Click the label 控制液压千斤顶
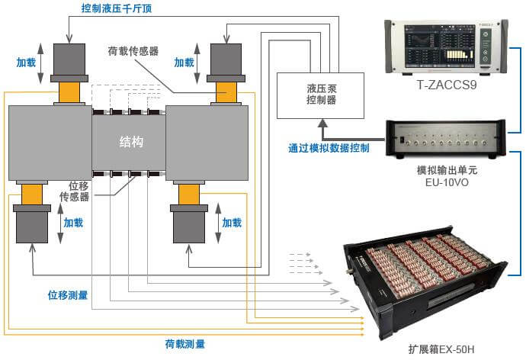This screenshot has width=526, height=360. coord(117,8)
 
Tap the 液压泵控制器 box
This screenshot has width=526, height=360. coord(320,95)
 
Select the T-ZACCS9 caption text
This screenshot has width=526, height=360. coord(447,85)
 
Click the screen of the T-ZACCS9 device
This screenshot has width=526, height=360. coord(440,46)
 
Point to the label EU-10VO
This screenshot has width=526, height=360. coord(447,182)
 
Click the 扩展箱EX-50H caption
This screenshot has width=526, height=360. coord(441,349)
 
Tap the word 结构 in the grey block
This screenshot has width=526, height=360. coord(131,142)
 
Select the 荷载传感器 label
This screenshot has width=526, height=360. coord(133,51)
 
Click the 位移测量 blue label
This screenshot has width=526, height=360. coord(68,295)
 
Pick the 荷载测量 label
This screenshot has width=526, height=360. coord(184,344)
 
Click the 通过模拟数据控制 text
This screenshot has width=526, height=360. coord(329,148)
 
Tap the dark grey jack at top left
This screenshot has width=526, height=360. coord(69,63)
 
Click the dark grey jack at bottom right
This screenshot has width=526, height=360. coord(189,223)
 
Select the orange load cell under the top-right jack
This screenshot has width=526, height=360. coord(226,92)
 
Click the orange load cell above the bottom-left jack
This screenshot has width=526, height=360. coord(32,194)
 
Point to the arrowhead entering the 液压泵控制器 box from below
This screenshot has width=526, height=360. coord(322,123)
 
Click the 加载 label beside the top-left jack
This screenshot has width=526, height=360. coord(26,63)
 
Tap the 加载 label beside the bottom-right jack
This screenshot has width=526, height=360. coord(232,223)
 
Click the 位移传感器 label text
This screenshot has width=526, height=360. coord(75,191)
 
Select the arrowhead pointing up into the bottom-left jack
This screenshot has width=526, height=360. coord(33,249)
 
